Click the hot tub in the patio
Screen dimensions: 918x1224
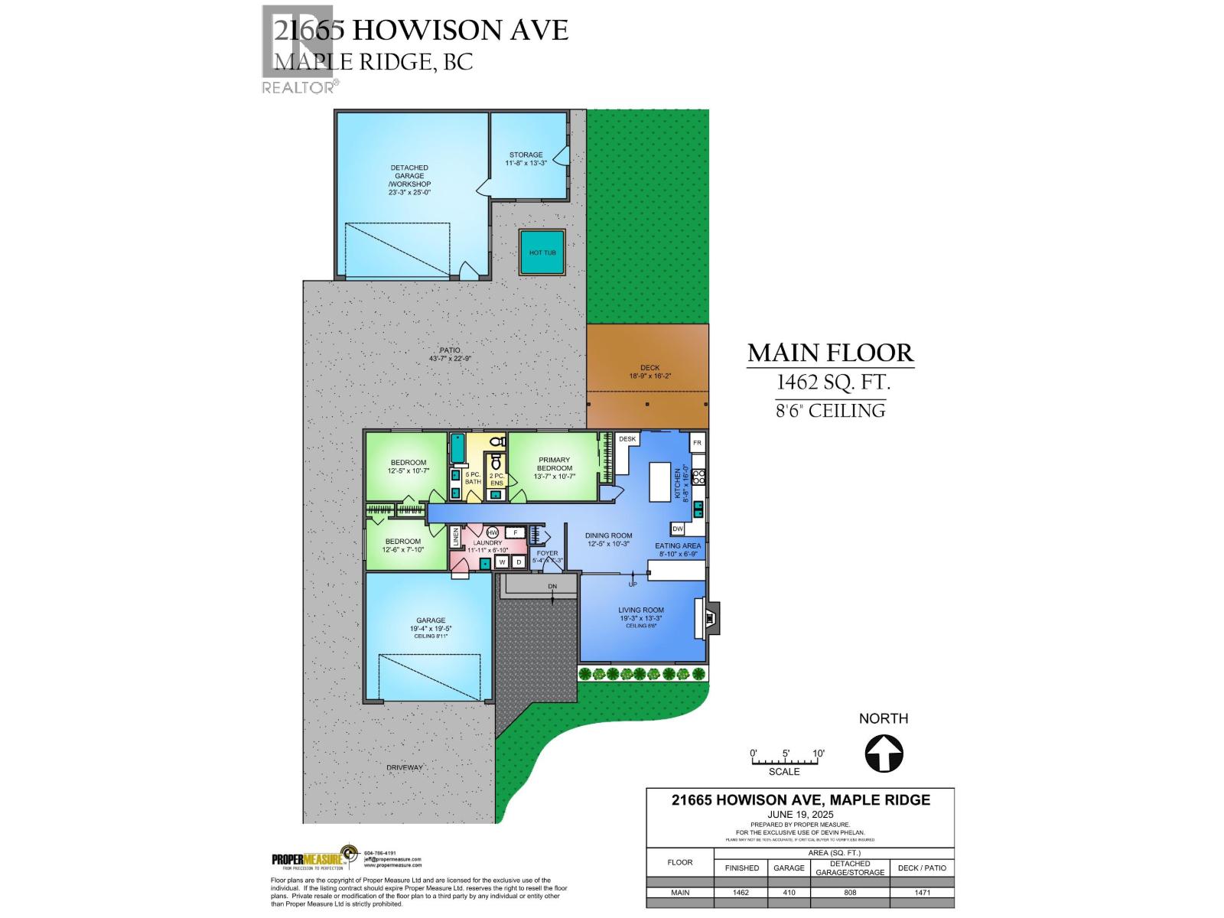pyautogui.click(x=542, y=252)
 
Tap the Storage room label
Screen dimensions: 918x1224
pyautogui.click(x=526, y=158)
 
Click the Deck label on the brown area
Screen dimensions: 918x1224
pyautogui.click(x=649, y=372)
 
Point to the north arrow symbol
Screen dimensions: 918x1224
pyautogui.click(x=884, y=754)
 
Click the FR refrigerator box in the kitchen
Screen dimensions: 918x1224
pyautogui.click(x=697, y=443)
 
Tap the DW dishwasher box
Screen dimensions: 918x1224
pyautogui.click(x=678, y=529)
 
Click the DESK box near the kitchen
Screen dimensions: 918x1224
pyautogui.click(x=627, y=439)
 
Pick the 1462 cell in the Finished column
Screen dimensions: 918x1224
pyautogui.click(x=741, y=892)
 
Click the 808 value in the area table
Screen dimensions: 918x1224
pyautogui.click(x=850, y=892)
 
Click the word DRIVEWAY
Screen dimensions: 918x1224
pyautogui.click(x=405, y=767)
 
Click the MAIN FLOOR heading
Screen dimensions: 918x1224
pyautogui.click(x=830, y=353)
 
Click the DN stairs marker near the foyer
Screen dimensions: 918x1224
pyautogui.click(x=552, y=587)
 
